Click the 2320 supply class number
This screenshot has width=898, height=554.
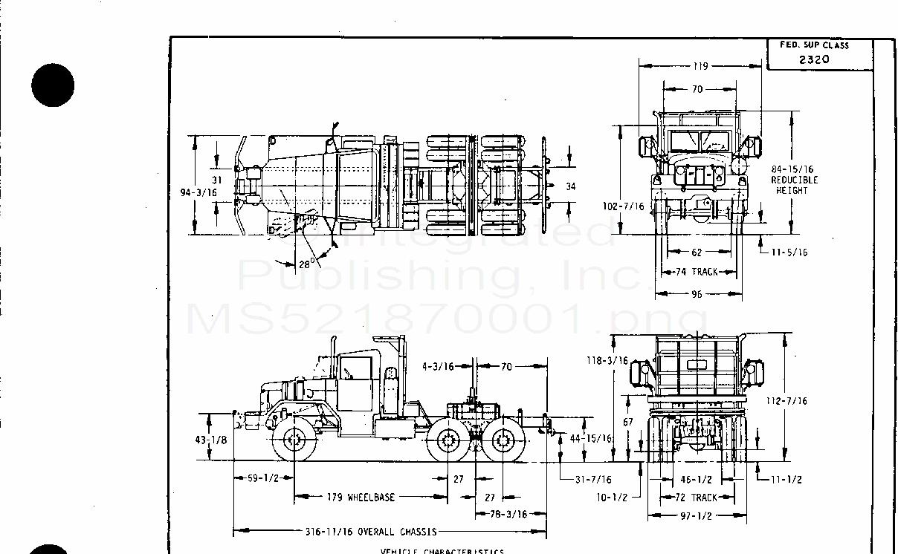click(814, 60)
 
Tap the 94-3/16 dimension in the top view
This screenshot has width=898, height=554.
click(198, 192)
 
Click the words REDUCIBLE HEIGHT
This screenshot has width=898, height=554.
click(794, 185)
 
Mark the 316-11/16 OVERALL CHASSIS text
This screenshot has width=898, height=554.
click(371, 532)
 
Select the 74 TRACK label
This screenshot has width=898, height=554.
click(698, 272)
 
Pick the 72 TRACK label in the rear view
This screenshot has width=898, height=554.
click(697, 498)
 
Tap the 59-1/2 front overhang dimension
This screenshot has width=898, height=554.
click(263, 478)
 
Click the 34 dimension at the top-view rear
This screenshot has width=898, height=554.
click(570, 186)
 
